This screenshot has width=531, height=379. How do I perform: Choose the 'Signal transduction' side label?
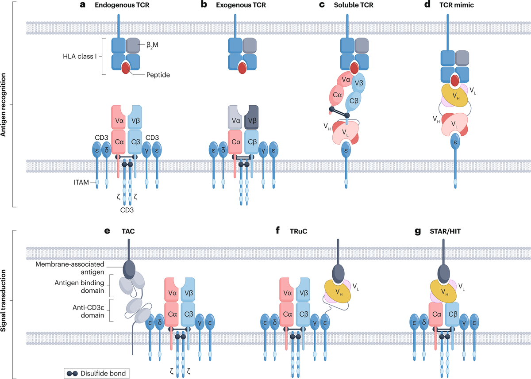(4, 301)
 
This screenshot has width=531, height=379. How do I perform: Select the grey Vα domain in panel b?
(235, 118)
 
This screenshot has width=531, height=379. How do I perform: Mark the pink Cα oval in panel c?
(338, 95)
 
